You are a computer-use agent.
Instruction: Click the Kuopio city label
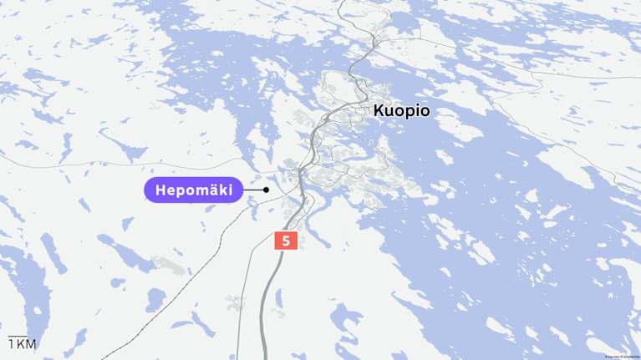coord(402,110)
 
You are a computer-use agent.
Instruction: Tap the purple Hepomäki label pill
coord(194,190)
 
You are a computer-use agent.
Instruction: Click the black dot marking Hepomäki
coord(266,190)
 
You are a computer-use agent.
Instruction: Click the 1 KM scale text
coord(23,345)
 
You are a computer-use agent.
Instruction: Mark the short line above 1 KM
coord(16,336)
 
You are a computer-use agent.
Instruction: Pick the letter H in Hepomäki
coord(161,190)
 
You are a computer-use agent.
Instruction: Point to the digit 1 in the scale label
coord(11,345)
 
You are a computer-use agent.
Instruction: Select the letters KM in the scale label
coord(27,345)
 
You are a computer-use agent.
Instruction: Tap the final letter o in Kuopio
coord(425,111)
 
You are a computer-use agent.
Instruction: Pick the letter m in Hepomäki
coord(201,191)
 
